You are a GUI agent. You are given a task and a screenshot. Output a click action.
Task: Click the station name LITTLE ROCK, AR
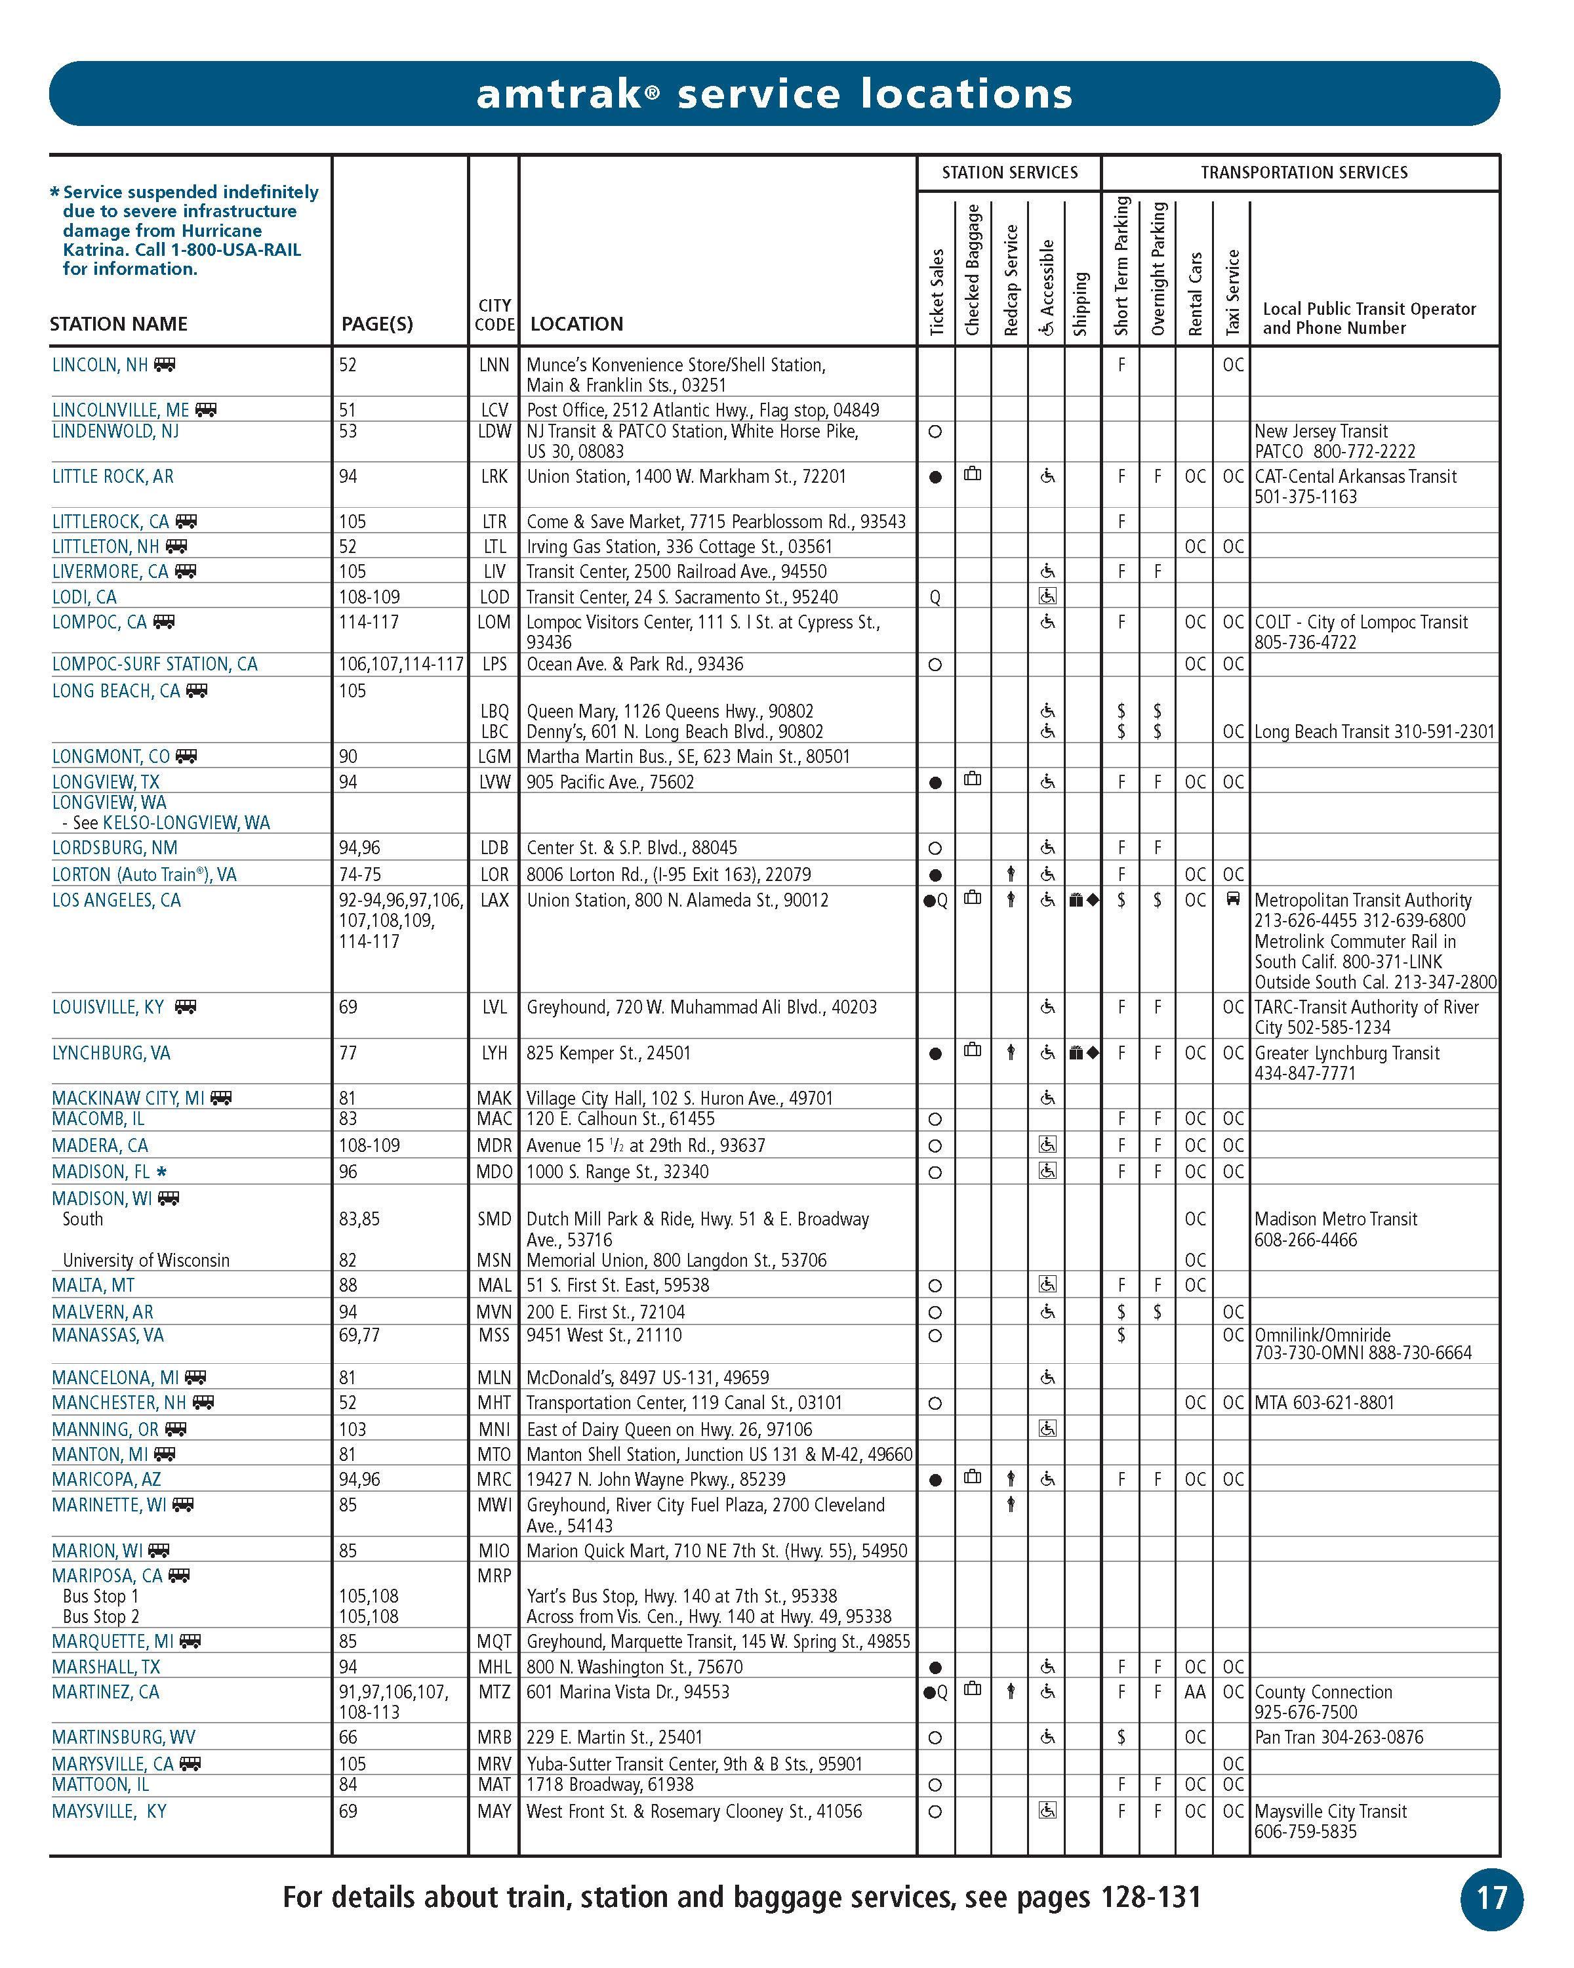[x=112, y=476]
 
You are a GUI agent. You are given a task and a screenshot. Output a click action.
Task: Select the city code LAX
[x=494, y=900]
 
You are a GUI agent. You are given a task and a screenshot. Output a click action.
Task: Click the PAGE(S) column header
[x=377, y=324]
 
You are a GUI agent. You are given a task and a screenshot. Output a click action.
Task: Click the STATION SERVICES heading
[x=1009, y=173]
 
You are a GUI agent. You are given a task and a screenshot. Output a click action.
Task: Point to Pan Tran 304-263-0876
[x=1339, y=1737]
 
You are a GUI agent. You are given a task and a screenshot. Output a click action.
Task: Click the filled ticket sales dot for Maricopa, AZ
[x=935, y=1480]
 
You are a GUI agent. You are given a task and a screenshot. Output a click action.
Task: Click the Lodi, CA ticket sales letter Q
[x=935, y=597]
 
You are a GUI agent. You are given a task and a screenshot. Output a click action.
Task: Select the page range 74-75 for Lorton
[x=359, y=874]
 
